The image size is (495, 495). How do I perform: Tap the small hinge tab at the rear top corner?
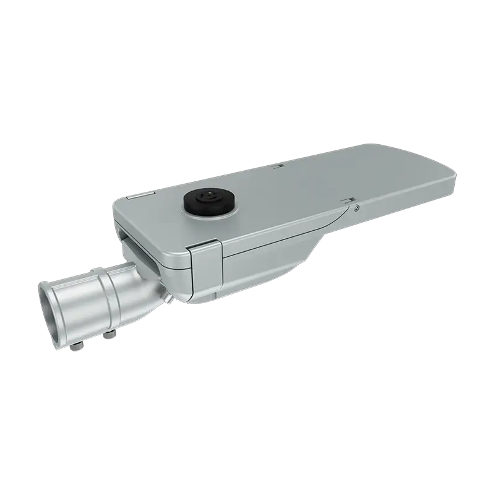tap(134, 197)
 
